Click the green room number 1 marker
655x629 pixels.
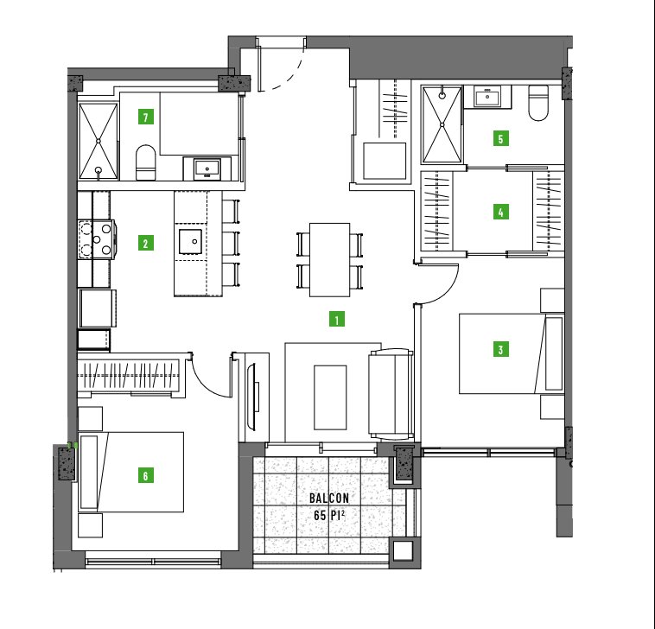(x=337, y=319)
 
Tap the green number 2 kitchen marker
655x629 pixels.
(x=145, y=243)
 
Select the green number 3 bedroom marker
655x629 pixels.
(x=500, y=349)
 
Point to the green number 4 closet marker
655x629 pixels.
(x=500, y=212)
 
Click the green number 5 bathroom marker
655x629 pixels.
(x=500, y=138)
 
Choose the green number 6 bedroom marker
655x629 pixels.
(x=145, y=475)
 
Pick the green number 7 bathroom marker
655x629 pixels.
(x=145, y=117)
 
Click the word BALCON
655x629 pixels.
(x=329, y=498)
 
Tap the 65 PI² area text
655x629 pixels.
(x=329, y=516)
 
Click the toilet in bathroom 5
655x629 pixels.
(x=538, y=103)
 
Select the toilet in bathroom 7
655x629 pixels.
(x=145, y=162)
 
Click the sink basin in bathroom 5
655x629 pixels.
(x=487, y=97)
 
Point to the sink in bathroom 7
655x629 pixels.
(x=207, y=168)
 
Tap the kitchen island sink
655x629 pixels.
(x=190, y=241)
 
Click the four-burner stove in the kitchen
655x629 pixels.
(x=97, y=239)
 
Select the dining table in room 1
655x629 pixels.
(x=329, y=260)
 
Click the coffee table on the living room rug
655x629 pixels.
(x=330, y=397)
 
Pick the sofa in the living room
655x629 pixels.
(x=391, y=394)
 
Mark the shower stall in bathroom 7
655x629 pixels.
(x=99, y=141)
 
